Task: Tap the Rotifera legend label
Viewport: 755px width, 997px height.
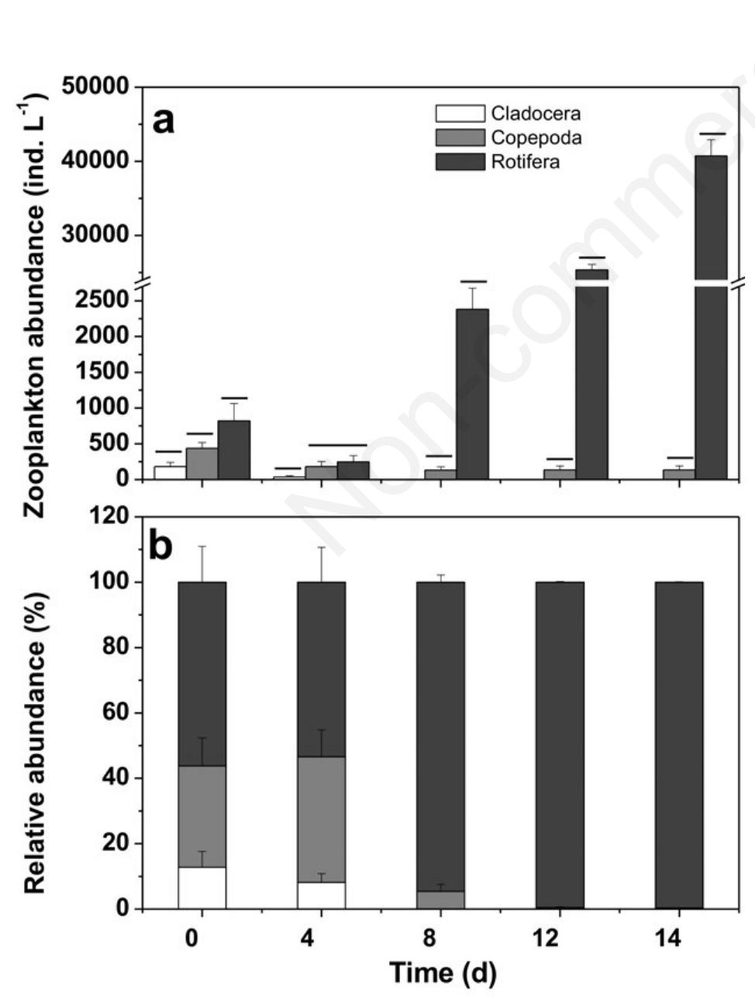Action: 525,162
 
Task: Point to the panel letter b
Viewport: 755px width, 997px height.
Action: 160,547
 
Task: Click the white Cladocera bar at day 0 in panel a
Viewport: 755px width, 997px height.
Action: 170,472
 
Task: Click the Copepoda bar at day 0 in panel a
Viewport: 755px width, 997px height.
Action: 202,464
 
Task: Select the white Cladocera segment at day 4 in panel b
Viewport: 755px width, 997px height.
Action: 321,895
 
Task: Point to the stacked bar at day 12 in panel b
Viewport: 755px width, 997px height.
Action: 560,744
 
